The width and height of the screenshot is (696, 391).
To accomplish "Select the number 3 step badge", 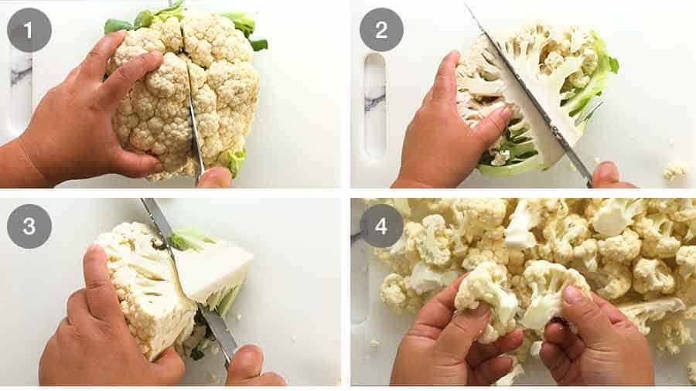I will pos(29,226).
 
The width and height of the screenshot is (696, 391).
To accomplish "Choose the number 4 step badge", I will pos(381,226).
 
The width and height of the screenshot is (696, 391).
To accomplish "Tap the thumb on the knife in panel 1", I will pos(214,178).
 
